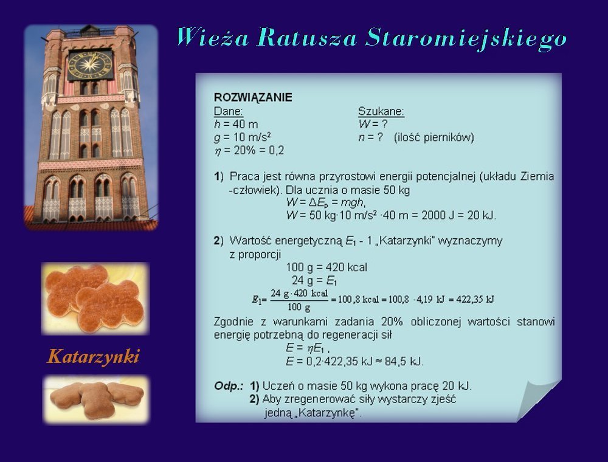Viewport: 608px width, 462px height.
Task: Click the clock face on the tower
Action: point(91,64)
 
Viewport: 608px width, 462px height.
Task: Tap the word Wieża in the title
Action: point(212,37)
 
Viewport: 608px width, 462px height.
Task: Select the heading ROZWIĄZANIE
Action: point(253,97)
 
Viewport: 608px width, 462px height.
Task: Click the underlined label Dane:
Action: point(229,112)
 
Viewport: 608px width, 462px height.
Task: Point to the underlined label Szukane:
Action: point(381,112)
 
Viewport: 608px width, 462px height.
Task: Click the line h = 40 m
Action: point(236,125)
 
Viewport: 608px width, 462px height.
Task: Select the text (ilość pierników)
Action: point(434,137)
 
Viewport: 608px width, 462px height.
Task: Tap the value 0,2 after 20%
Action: point(277,150)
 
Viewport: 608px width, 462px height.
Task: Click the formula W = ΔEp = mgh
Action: point(326,202)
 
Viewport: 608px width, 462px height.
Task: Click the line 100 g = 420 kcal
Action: point(326,267)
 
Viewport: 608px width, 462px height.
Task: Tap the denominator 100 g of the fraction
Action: point(299,308)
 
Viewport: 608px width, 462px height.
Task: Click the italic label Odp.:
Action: point(229,386)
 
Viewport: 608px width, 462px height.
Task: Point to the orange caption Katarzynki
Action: point(92,357)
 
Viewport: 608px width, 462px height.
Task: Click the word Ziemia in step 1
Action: point(537,176)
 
